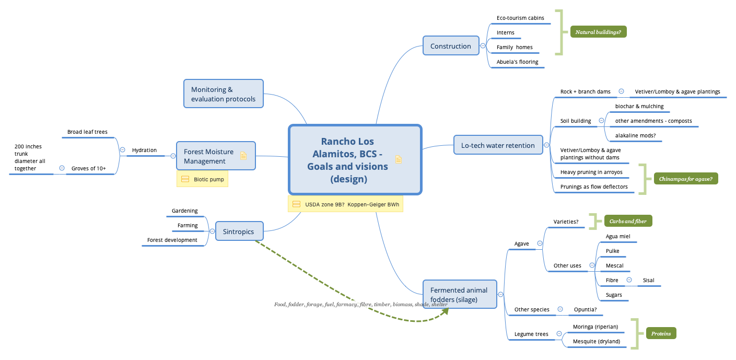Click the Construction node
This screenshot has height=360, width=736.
tap(451, 46)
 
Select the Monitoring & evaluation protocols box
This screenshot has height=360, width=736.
tap(223, 94)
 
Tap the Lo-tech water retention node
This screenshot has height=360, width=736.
tap(498, 145)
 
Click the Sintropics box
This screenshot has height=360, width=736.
tap(239, 231)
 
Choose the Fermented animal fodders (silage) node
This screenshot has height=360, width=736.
tap(459, 295)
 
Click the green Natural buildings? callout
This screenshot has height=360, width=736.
tap(598, 32)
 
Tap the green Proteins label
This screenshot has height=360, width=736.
tap(661, 333)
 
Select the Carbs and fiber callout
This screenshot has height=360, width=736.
tap(628, 221)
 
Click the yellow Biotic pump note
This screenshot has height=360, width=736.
tap(202, 179)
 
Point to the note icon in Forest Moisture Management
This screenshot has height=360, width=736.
tap(243, 155)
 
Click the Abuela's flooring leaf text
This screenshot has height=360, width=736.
tap(517, 62)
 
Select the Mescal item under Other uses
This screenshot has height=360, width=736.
tap(614, 265)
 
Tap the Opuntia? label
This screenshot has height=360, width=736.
tap(585, 309)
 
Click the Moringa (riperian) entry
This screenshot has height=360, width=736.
tap(595, 327)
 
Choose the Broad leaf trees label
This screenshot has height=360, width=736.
tap(87, 132)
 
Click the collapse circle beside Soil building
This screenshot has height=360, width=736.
tap(601, 121)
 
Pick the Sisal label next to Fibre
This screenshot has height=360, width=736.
tap(648, 280)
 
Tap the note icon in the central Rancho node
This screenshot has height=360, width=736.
tap(399, 160)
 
